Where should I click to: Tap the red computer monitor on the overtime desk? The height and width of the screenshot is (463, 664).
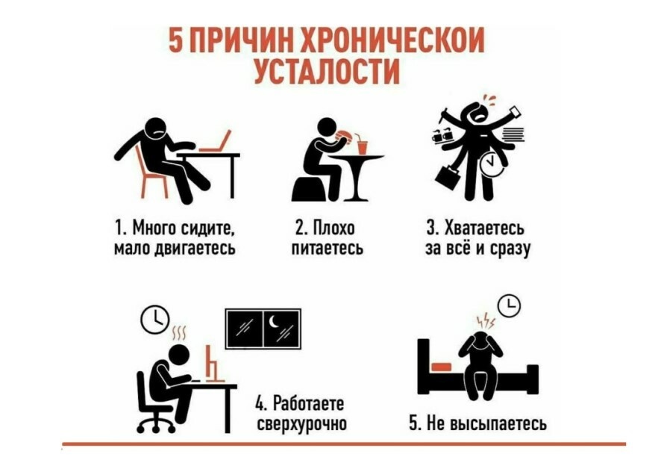[x=213, y=366]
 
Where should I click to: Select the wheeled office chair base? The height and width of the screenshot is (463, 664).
[x=156, y=423]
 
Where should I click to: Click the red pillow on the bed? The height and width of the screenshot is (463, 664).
[x=442, y=367]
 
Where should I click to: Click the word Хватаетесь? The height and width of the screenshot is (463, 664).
[x=484, y=229]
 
